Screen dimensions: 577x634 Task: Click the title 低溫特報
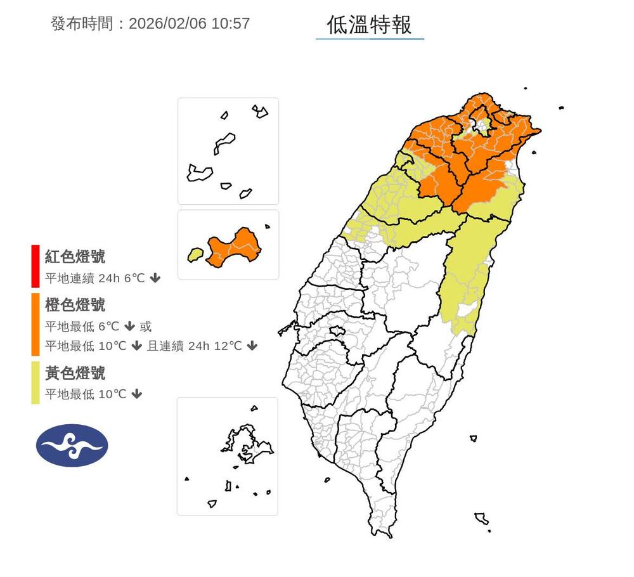370,25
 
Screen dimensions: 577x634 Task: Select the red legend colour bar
36,266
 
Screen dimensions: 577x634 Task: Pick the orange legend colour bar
36,323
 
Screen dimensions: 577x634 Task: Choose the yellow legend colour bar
36,382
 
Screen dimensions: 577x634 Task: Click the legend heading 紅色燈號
75,257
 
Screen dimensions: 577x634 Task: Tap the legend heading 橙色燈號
75,305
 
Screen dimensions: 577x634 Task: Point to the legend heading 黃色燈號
75,373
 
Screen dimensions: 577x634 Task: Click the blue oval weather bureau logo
72,446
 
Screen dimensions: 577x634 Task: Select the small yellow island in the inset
194,255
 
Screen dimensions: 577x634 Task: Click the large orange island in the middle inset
236,248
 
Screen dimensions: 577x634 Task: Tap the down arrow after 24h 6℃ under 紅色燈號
155,278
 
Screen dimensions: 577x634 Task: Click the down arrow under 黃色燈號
136,394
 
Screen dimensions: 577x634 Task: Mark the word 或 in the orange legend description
146,327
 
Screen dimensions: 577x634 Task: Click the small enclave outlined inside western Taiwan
337,330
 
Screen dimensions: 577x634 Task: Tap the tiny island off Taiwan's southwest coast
327,480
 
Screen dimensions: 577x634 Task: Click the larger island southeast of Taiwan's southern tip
481,519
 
